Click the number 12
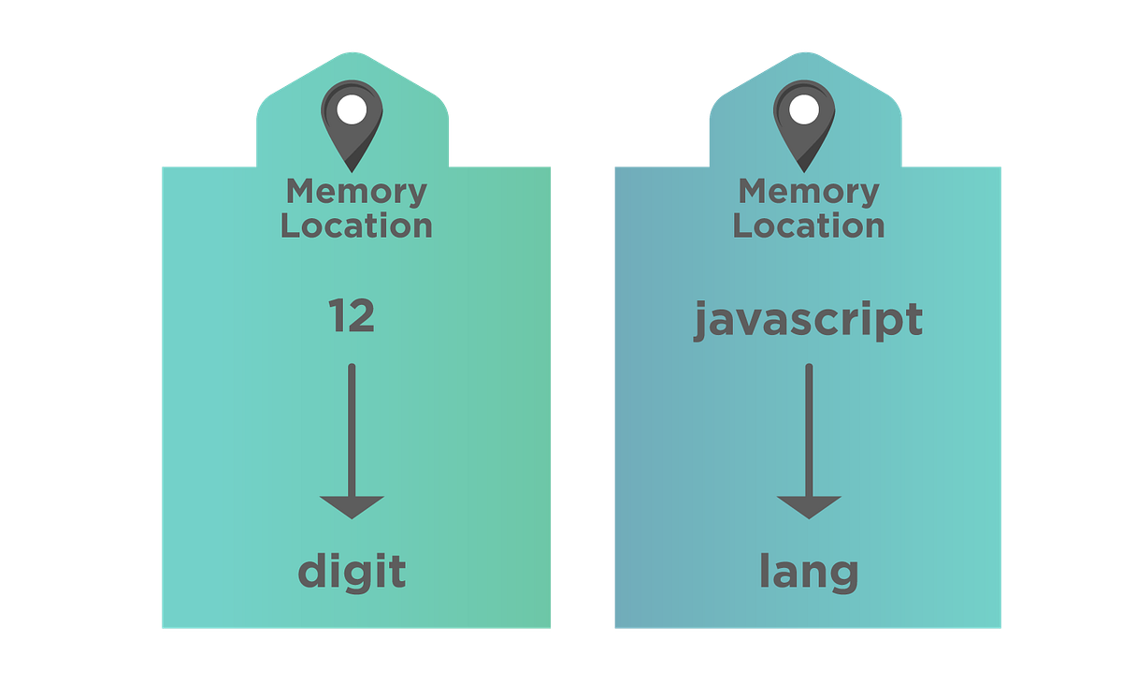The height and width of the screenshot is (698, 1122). [352, 317]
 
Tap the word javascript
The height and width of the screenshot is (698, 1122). [808, 321]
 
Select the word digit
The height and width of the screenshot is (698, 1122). [352, 572]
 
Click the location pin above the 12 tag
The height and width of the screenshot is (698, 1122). [352, 122]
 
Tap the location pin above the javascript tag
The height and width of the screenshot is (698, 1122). [804, 122]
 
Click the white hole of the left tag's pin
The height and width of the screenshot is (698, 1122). [352, 109]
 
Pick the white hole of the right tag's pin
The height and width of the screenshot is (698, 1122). [804, 109]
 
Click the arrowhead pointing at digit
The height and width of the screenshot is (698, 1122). [352, 506]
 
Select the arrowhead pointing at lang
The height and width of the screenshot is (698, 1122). [809, 506]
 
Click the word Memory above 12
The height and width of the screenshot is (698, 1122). [356, 192]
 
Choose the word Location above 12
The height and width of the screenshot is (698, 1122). [356, 225]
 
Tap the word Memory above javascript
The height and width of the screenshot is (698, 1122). [809, 192]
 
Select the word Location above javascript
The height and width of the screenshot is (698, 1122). [809, 225]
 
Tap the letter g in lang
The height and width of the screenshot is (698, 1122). [843, 576]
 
